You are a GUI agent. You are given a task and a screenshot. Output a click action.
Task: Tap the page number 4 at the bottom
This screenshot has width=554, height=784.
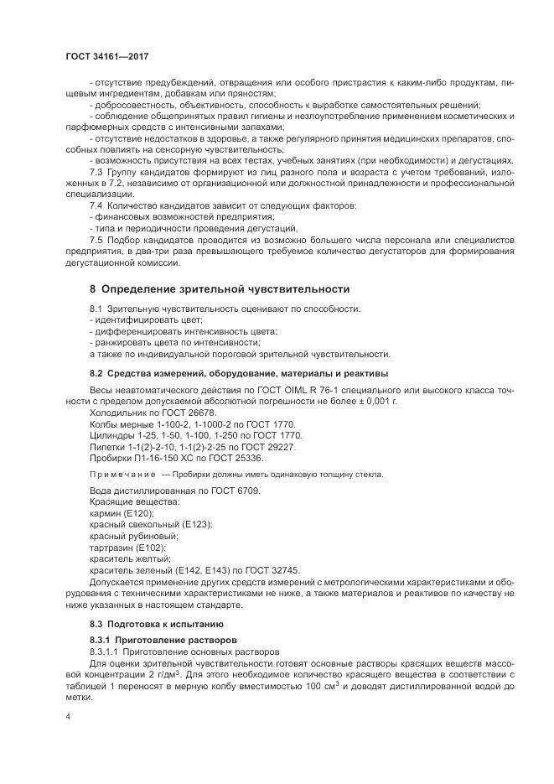[x=69, y=716]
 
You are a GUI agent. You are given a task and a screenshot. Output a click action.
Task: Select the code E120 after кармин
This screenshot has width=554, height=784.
[x=133, y=512]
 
